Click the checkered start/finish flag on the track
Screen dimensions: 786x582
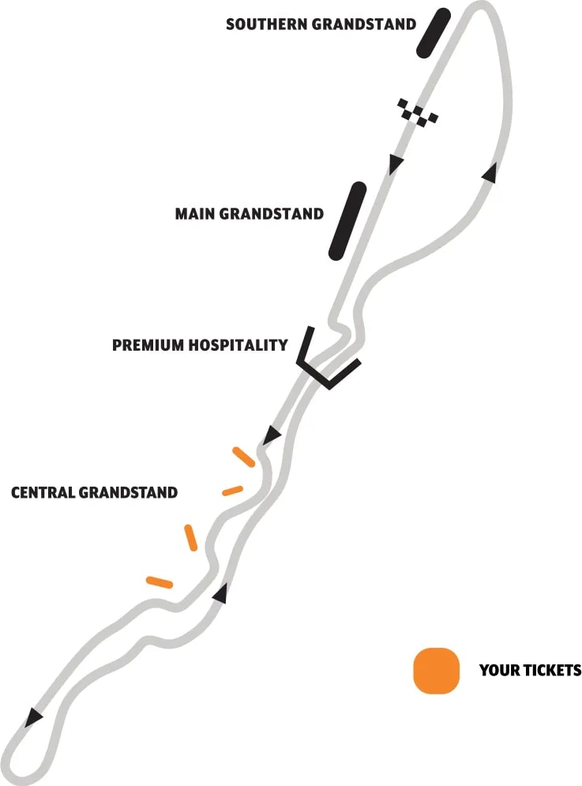tap(418, 112)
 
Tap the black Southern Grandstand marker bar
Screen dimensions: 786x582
tap(434, 32)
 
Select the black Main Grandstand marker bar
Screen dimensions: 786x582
tap(347, 220)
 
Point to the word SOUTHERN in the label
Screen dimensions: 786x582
tap(267, 24)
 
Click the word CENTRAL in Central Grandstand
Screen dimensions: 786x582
tap(43, 493)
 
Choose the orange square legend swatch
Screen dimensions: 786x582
tap(436, 671)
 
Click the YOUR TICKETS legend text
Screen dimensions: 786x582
tap(530, 671)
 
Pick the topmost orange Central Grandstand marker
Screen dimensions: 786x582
tap(243, 457)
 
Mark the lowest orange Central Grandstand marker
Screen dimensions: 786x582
tap(160, 582)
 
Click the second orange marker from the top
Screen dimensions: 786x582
tap(232, 490)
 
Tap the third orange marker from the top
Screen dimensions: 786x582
tap(190, 537)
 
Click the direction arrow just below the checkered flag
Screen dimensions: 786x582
tap(396, 164)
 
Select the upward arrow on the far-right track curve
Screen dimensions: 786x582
tap(490, 173)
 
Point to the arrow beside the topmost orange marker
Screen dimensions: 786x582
tap(272, 434)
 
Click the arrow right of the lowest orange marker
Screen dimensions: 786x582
tap(221, 593)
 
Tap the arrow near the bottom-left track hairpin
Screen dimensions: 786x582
tap(33, 716)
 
